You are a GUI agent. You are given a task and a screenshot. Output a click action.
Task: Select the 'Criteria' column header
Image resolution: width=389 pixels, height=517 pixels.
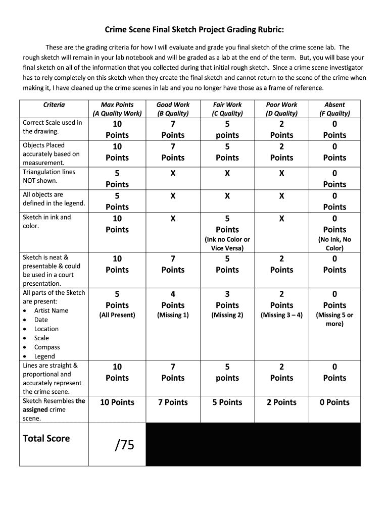click(x=54, y=105)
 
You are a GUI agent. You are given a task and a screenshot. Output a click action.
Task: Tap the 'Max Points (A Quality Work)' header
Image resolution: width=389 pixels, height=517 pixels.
click(x=117, y=109)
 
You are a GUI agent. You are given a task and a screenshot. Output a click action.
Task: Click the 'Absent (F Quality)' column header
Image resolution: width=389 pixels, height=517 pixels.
click(x=334, y=109)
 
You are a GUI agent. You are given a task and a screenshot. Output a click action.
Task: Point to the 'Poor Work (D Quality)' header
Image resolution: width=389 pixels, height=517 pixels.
click(x=281, y=109)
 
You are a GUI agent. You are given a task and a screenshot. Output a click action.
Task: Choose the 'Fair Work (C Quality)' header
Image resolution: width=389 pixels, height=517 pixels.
click(x=227, y=109)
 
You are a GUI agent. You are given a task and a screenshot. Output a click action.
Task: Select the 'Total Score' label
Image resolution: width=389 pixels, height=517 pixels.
click(x=46, y=438)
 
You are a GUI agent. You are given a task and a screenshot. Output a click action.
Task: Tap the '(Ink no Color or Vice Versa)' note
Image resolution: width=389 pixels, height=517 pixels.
click(x=227, y=244)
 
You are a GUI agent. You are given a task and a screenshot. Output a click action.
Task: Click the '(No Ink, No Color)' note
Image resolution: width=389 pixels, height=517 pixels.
click(x=334, y=244)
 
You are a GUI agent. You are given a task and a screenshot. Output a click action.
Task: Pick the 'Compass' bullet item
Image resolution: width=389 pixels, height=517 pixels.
click(x=47, y=347)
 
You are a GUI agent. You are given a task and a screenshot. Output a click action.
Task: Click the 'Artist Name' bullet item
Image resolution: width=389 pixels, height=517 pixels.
click(x=51, y=311)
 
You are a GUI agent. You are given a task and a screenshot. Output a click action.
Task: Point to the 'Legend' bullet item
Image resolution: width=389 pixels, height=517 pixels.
click(x=44, y=356)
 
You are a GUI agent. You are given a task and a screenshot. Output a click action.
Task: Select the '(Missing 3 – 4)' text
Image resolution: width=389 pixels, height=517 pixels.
click(x=281, y=315)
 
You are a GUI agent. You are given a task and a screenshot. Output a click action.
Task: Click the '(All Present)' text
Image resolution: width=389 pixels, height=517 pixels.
click(x=117, y=315)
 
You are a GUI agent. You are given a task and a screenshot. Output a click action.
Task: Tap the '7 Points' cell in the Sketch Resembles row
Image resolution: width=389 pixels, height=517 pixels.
click(x=173, y=402)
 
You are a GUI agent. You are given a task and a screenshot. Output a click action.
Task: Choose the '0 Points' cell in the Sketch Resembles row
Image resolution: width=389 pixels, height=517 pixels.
click(x=334, y=402)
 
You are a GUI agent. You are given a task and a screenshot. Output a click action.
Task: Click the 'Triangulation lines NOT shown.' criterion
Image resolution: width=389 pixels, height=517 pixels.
click(x=49, y=176)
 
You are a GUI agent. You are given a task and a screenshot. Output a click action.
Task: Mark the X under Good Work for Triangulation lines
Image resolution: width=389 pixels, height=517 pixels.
click(x=173, y=174)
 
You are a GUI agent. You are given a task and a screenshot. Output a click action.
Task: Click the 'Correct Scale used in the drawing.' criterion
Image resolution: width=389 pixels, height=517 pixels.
click(x=52, y=127)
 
